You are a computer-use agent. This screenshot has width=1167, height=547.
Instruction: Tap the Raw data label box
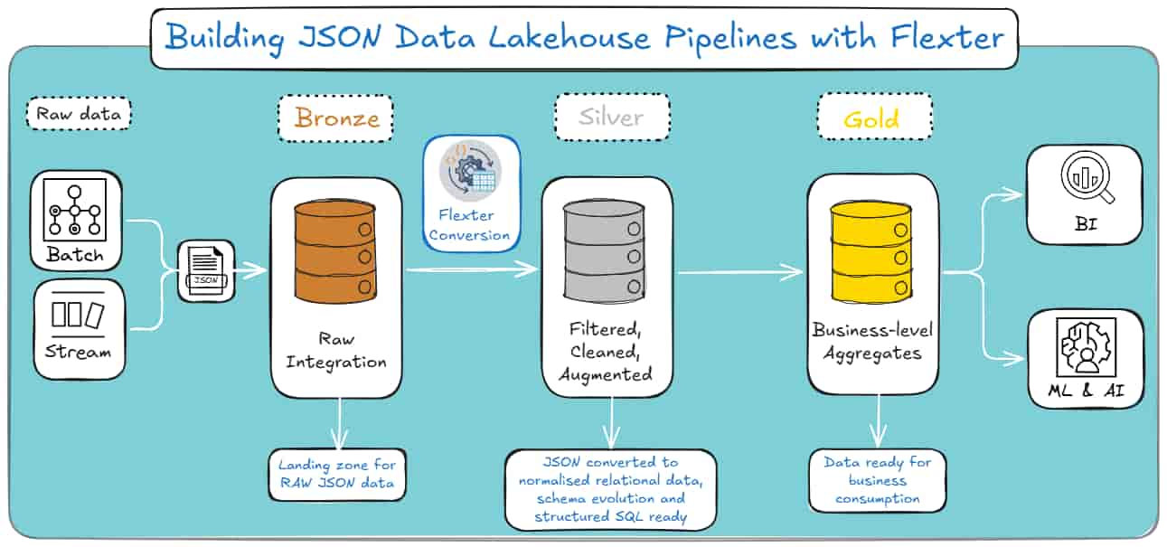point(80,115)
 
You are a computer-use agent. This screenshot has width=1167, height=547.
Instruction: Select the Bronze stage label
point(336,118)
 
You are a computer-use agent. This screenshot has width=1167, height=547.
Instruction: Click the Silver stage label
point(612,118)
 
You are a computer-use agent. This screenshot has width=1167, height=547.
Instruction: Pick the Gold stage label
point(873,118)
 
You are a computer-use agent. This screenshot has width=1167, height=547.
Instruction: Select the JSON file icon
point(205,269)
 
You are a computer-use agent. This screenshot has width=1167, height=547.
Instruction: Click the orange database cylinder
point(335,251)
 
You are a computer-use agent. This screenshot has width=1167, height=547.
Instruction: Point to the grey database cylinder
point(606,251)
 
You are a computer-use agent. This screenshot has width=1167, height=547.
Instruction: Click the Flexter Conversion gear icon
point(470,171)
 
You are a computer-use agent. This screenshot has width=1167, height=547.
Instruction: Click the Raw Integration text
point(336,351)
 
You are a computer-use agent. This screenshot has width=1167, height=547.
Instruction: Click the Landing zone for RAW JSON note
point(336,474)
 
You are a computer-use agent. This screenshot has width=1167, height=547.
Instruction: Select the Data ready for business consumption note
point(877,480)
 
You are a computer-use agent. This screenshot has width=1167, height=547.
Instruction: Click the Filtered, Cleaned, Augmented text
point(606,351)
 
